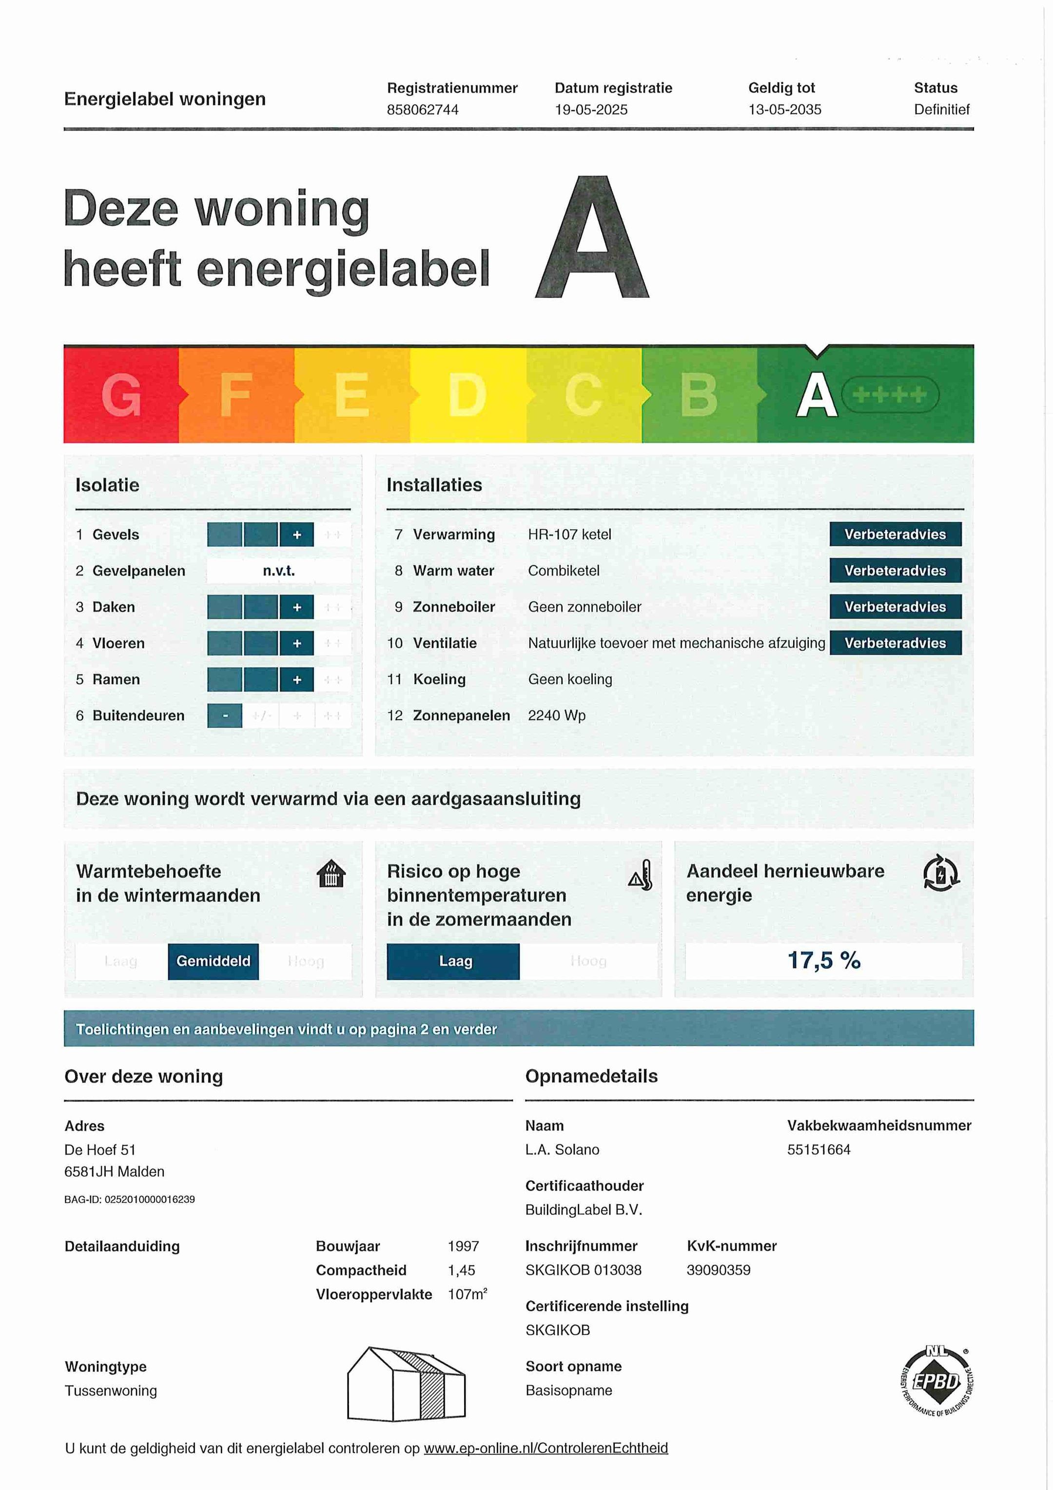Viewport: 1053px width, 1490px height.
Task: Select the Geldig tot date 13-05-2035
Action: (784, 110)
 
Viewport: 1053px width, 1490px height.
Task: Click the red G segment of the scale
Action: (121, 395)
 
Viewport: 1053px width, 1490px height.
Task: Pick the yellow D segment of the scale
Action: (467, 395)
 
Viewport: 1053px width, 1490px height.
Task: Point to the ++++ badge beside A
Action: (890, 395)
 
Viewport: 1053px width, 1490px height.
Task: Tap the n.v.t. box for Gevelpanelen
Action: (279, 571)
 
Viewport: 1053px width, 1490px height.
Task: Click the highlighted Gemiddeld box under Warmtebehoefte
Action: (213, 961)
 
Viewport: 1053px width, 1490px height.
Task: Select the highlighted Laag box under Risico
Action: (453, 961)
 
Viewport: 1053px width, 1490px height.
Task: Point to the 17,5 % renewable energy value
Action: (823, 960)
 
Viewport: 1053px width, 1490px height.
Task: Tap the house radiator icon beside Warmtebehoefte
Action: (331, 874)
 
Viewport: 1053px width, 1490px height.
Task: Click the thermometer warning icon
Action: (641, 875)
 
